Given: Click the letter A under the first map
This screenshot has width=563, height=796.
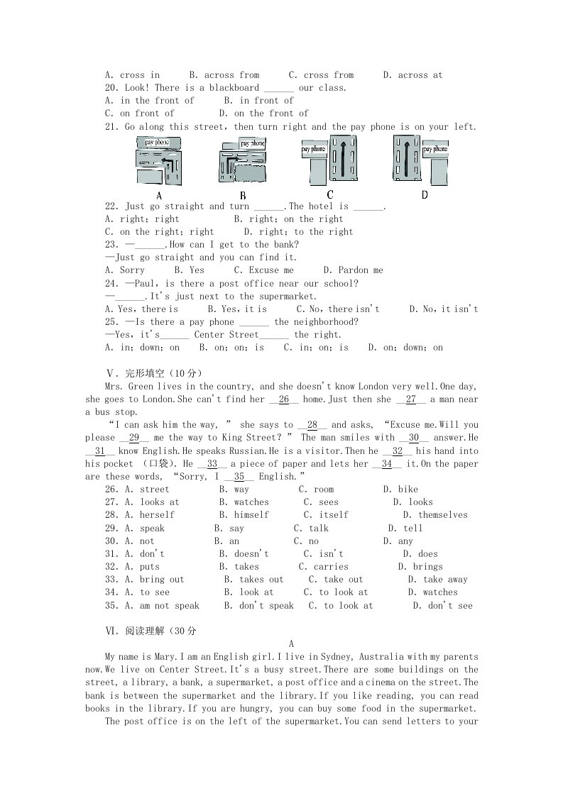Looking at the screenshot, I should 159,196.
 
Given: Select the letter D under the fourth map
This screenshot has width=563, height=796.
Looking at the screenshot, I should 425,195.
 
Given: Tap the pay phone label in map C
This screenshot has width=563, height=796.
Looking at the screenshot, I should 313,149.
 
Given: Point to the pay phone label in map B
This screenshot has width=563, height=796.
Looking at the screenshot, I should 253,143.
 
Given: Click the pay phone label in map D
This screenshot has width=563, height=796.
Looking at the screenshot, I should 435,149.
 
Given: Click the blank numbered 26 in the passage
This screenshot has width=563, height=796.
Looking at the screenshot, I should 284,399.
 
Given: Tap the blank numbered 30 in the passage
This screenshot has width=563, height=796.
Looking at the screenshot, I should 414,438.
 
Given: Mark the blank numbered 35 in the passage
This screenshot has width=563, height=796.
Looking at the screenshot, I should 239,477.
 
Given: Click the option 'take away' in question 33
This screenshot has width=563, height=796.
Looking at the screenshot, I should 446,580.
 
